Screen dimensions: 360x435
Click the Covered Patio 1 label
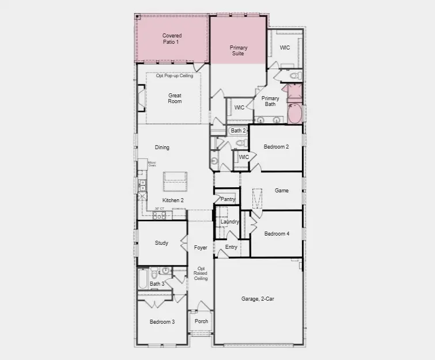point(171,39)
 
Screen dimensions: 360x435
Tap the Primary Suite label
point(238,50)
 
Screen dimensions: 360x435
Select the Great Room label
point(175,98)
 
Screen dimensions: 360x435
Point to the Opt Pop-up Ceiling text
point(174,75)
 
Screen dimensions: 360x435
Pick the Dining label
point(162,147)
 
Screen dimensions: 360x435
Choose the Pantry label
point(228,199)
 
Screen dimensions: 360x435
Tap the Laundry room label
point(229,222)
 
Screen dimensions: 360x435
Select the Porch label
point(201,321)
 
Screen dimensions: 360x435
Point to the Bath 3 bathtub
point(143,280)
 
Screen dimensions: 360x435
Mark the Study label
point(161,243)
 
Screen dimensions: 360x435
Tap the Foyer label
point(200,248)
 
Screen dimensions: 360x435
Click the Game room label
point(281,191)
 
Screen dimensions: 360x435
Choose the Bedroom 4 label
point(277,234)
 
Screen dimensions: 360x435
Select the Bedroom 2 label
point(276,147)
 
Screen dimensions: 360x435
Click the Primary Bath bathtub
point(294,113)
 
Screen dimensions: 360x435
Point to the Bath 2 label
point(238,131)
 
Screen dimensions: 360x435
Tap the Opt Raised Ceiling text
point(201,274)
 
